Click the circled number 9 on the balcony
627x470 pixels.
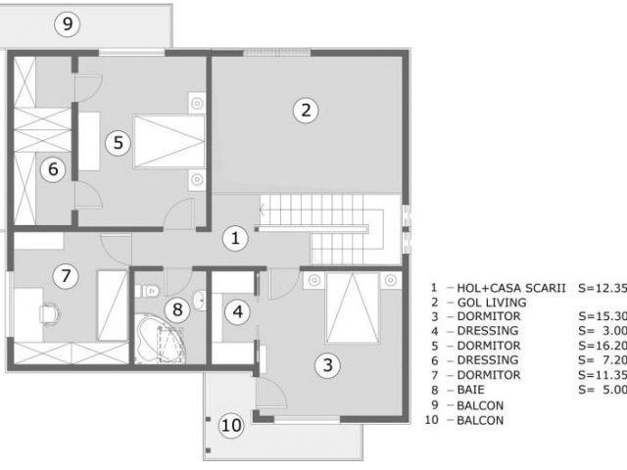[x=67, y=25]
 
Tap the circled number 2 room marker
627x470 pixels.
[x=306, y=110]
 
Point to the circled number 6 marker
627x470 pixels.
[x=54, y=169]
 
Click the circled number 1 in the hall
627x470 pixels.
[x=234, y=236]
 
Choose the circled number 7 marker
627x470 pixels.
[x=66, y=276]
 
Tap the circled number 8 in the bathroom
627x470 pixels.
[x=177, y=310]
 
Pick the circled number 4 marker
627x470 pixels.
[x=238, y=312]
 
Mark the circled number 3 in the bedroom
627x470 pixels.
[x=328, y=366]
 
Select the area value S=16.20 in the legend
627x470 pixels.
[x=601, y=347]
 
